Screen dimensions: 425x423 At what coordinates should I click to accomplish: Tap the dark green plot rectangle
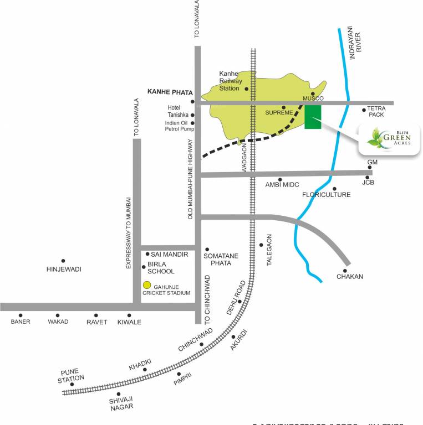click(313, 116)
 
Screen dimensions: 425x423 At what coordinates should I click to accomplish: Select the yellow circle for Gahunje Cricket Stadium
click(147, 285)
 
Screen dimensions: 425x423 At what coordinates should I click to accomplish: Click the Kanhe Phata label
click(169, 92)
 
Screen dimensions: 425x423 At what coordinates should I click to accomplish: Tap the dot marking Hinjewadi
click(63, 261)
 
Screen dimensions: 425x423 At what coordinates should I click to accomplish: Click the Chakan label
click(349, 277)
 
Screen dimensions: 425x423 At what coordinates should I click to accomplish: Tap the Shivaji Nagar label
click(121, 403)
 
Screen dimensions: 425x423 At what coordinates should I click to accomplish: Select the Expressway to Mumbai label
click(128, 232)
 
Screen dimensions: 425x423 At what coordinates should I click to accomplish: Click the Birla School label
click(161, 267)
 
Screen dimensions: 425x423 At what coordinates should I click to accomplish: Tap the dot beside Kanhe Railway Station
click(246, 89)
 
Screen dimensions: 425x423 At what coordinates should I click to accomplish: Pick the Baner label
click(21, 322)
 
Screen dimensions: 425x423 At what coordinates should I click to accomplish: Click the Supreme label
click(279, 113)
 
